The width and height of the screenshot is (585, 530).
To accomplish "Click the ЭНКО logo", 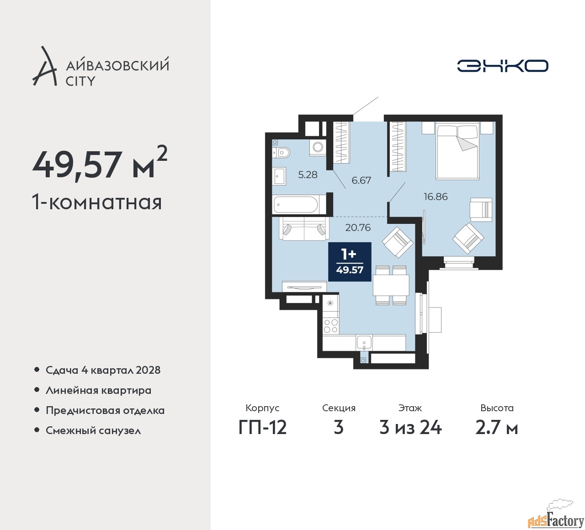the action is click(502, 66).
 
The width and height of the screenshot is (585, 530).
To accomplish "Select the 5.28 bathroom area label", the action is click(308, 175).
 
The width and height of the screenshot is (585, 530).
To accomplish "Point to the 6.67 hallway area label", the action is click(361, 180).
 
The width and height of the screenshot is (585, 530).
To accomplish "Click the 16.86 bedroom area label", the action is click(436, 196).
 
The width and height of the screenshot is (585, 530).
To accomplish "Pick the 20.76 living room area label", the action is click(358, 228).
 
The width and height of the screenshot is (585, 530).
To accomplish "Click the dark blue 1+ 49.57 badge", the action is click(350, 261).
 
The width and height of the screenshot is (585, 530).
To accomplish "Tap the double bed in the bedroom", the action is click(457, 150).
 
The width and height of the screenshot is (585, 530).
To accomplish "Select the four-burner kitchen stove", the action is click(331, 326).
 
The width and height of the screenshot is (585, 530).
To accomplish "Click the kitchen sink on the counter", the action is click(364, 343).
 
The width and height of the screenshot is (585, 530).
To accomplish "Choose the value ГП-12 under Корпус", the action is click(262, 428).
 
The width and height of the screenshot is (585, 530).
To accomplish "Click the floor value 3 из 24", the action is click(410, 428).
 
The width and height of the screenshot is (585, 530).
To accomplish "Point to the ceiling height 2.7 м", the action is click(497, 428).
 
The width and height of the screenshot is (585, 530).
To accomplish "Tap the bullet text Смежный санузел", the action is click(93, 430).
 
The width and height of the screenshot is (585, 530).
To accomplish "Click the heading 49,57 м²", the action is click(100, 165).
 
